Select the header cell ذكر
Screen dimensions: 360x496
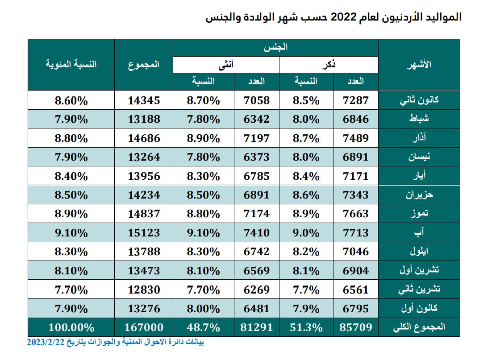(329, 65)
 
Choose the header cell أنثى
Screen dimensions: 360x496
(226, 65)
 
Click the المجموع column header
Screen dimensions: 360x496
(143, 64)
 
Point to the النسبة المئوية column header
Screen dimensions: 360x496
(71, 64)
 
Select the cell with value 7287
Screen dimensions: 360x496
(355, 100)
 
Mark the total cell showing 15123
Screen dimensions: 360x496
(143, 232)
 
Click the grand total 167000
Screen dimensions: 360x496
(143, 327)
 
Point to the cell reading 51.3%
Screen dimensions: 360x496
(306, 327)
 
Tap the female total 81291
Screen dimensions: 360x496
(256, 327)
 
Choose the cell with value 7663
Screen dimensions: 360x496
(355, 214)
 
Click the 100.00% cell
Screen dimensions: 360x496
(71, 327)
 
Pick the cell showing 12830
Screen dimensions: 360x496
(143, 290)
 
